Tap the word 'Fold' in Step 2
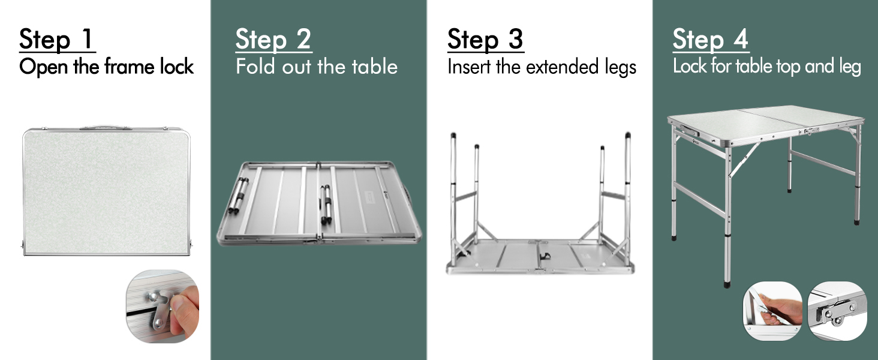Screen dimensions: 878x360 pos(255,66)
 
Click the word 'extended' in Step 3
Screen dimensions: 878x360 pos(562,66)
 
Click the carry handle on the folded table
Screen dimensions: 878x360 pos(106,127)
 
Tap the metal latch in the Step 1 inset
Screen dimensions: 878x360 pos(159,310)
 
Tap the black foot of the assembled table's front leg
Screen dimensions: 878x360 pos(727,284)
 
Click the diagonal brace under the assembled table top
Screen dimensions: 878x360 pos(744,159)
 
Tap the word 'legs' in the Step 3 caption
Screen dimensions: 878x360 pos(621,67)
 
